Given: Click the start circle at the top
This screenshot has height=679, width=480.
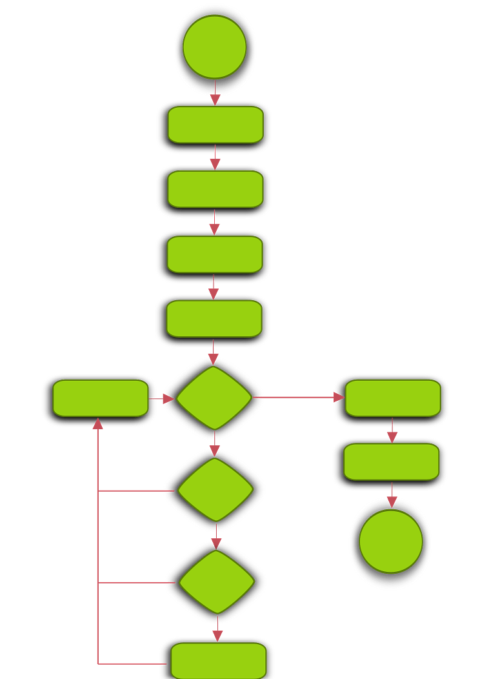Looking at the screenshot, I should click(x=215, y=47).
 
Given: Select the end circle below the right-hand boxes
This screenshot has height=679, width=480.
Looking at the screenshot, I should click(x=391, y=542).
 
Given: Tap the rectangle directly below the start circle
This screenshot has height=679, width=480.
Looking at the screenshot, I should click(x=215, y=125).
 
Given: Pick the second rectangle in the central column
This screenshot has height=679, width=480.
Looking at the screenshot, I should click(x=215, y=189).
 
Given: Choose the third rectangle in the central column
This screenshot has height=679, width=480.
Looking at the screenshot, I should click(x=215, y=254).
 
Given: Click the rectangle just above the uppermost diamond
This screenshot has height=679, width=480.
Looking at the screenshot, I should click(x=214, y=319).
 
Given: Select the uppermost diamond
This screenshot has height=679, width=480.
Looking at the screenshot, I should click(x=214, y=398).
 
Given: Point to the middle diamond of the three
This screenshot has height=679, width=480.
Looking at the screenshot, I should click(x=215, y=490).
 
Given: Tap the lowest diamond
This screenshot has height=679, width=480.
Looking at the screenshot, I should click(x=217, y=582).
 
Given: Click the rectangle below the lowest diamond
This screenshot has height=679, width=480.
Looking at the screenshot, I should click(x=219, y=660).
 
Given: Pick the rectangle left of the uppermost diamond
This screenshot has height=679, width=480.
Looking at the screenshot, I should click(x=101, y=398).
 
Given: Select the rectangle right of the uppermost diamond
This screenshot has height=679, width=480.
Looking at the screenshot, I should click(x=393, y=398).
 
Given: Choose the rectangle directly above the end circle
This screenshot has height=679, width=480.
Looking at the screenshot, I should click(x=392, y=461).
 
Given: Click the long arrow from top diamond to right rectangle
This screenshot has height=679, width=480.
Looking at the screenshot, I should click(x=297, y=397).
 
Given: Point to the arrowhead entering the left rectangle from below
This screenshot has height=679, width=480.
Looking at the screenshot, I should click(x=98, y=424).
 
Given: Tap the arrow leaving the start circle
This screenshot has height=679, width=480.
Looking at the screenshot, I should click(x=215, y=93).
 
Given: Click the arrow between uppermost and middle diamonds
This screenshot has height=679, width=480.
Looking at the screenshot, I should click(x=215, y=445).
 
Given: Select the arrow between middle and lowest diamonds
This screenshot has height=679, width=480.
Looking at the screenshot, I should click(x=216, y=537).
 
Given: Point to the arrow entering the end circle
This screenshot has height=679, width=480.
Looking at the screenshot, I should click(x=392, y=497).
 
